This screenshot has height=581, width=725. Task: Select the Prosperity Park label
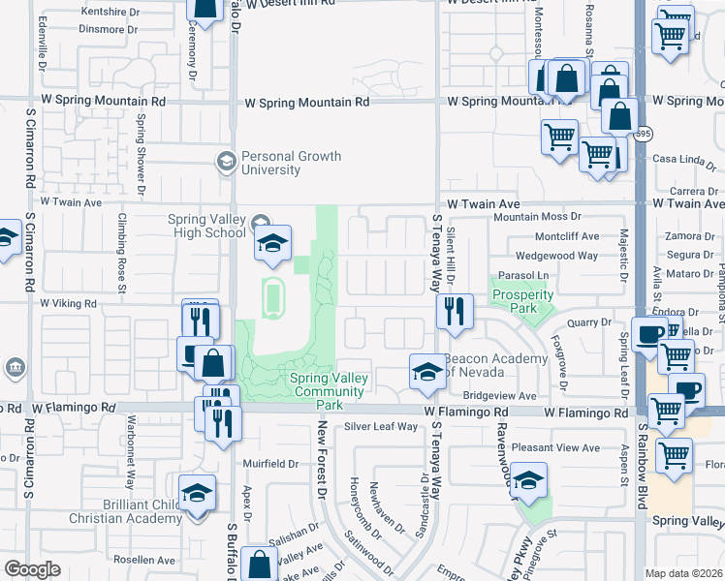point(515,301)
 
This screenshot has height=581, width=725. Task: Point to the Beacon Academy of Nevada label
point(489,365)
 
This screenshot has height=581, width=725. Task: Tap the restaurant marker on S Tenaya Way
point(454,312)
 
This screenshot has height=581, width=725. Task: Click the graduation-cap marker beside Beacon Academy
point(426,374)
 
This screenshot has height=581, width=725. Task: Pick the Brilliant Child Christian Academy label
point(126,511)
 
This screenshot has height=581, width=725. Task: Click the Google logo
point(32,569)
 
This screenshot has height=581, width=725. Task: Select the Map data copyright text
point(684,573)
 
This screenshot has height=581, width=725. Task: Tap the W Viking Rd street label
point(68,303)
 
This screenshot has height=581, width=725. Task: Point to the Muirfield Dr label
point(270,464)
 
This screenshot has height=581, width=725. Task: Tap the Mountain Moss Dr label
point(537,218)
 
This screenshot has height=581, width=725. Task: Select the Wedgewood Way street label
point(556,256)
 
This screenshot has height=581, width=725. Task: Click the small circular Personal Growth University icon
point(227,161)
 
